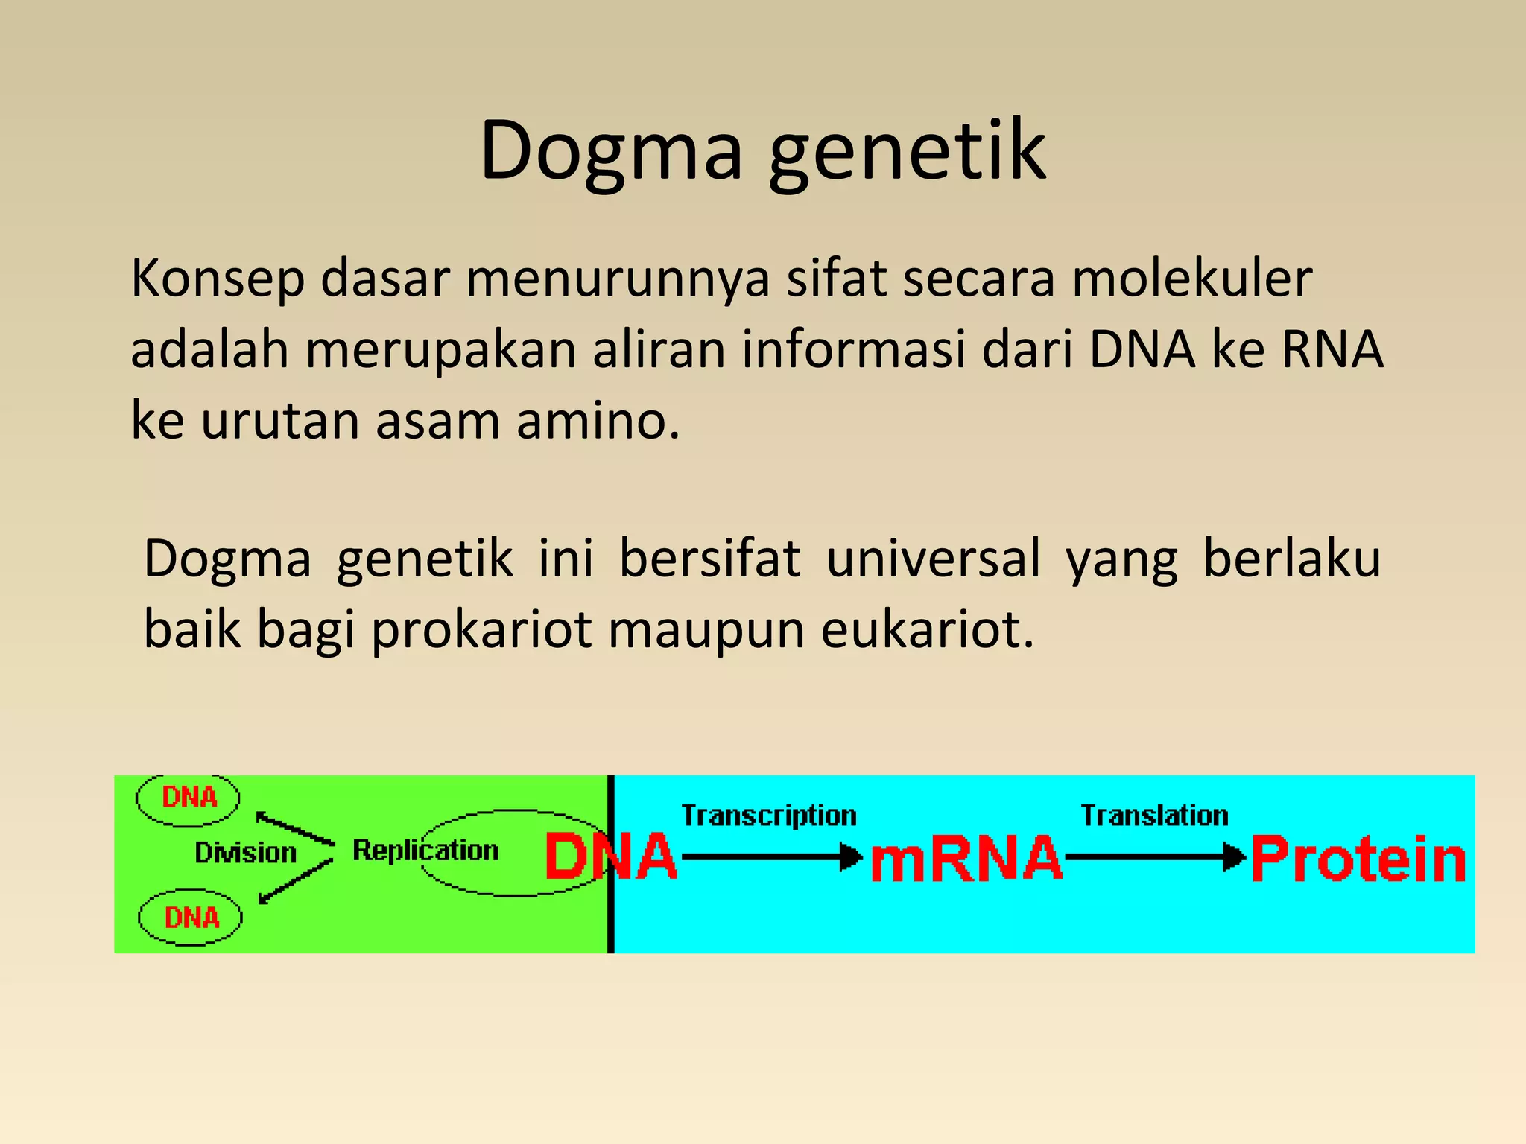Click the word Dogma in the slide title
coord(611,153)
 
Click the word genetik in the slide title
coord(908,153)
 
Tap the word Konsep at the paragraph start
coord(218,279)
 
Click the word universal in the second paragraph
coord(933,559)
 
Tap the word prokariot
coord(481,630)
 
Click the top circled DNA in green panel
coord(189,798)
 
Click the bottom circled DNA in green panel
coord(191,918)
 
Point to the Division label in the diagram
coord(245,853)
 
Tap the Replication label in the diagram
coord(425,851)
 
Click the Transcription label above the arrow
coord(768,816)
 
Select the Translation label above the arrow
coord(1154,816)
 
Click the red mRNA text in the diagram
coord(966,859)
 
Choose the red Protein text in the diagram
coord(1358,859)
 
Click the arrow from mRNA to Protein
coord(1155,857)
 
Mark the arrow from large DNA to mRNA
coord(771,857)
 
